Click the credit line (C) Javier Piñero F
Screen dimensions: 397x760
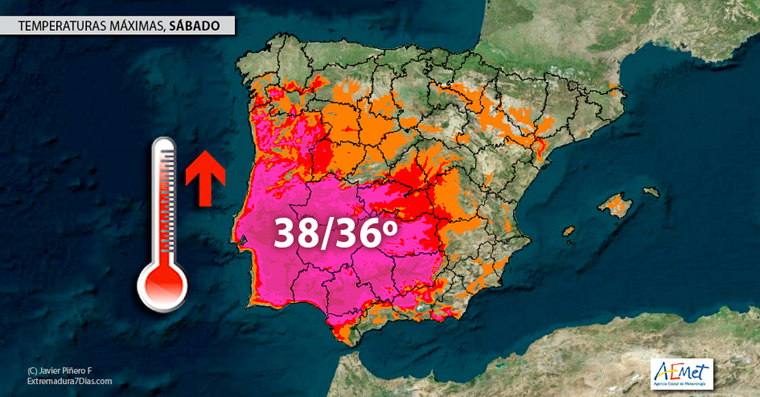(60, 370)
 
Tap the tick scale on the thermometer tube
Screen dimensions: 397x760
(164, 205)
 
